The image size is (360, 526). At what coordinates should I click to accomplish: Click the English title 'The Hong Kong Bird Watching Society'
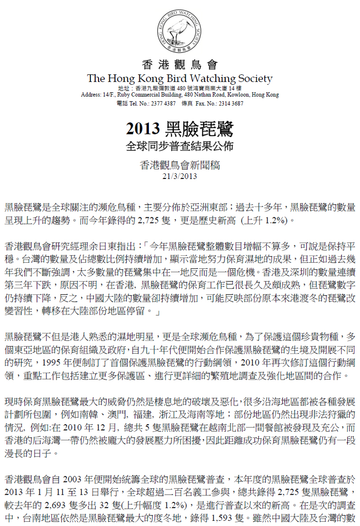(180, 79)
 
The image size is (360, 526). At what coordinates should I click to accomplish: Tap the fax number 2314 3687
(233, 103)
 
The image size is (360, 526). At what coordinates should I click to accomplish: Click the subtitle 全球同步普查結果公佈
(180, 146)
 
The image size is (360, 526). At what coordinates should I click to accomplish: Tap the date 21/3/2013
(180, 176)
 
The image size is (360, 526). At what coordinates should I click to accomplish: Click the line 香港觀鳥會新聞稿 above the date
(180, 165)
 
